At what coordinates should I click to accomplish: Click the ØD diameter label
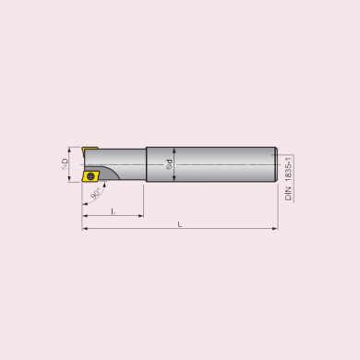65,163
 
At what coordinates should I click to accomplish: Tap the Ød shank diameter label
169,164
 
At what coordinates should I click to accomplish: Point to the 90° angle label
96,194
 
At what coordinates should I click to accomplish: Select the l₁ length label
114,211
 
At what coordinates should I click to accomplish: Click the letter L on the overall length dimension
180,224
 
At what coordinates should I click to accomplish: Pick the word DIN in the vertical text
288,194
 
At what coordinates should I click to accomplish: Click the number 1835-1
288,170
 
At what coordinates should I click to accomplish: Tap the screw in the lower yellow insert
90,176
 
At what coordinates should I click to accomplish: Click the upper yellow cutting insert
90,150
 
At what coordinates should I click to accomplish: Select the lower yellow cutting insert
90,176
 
